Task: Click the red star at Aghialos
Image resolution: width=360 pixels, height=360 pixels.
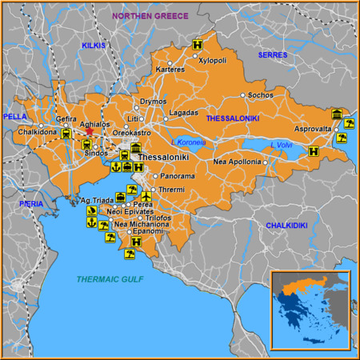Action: (x=90, y=134)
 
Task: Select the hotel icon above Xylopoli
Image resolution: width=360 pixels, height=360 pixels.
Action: (x=196, y=46)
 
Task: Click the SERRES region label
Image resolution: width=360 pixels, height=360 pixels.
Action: (x=272, y=54)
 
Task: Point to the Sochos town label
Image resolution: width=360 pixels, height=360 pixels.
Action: (x=261, y=95)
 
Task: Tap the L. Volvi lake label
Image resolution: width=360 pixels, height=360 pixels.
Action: (x=281, y=145)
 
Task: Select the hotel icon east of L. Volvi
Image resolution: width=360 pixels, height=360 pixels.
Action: (x=314, y=150)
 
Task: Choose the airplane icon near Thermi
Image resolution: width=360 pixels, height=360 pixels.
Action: (x=146, y=196)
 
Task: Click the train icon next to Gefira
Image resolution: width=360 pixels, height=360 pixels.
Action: (x=66, y=134)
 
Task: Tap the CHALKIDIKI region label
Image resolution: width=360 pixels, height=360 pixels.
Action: (x=286, y=226)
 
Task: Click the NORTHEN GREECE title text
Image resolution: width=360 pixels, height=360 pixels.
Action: (x=150, y=15)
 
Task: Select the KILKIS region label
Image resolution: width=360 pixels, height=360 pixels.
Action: (x=94, y=46)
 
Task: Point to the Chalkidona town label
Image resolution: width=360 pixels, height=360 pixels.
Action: (x=34, y=130)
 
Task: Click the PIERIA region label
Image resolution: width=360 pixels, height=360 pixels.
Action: (x=31, y=204)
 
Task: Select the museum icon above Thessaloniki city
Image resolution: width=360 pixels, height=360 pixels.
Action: (x=136, y=149)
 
